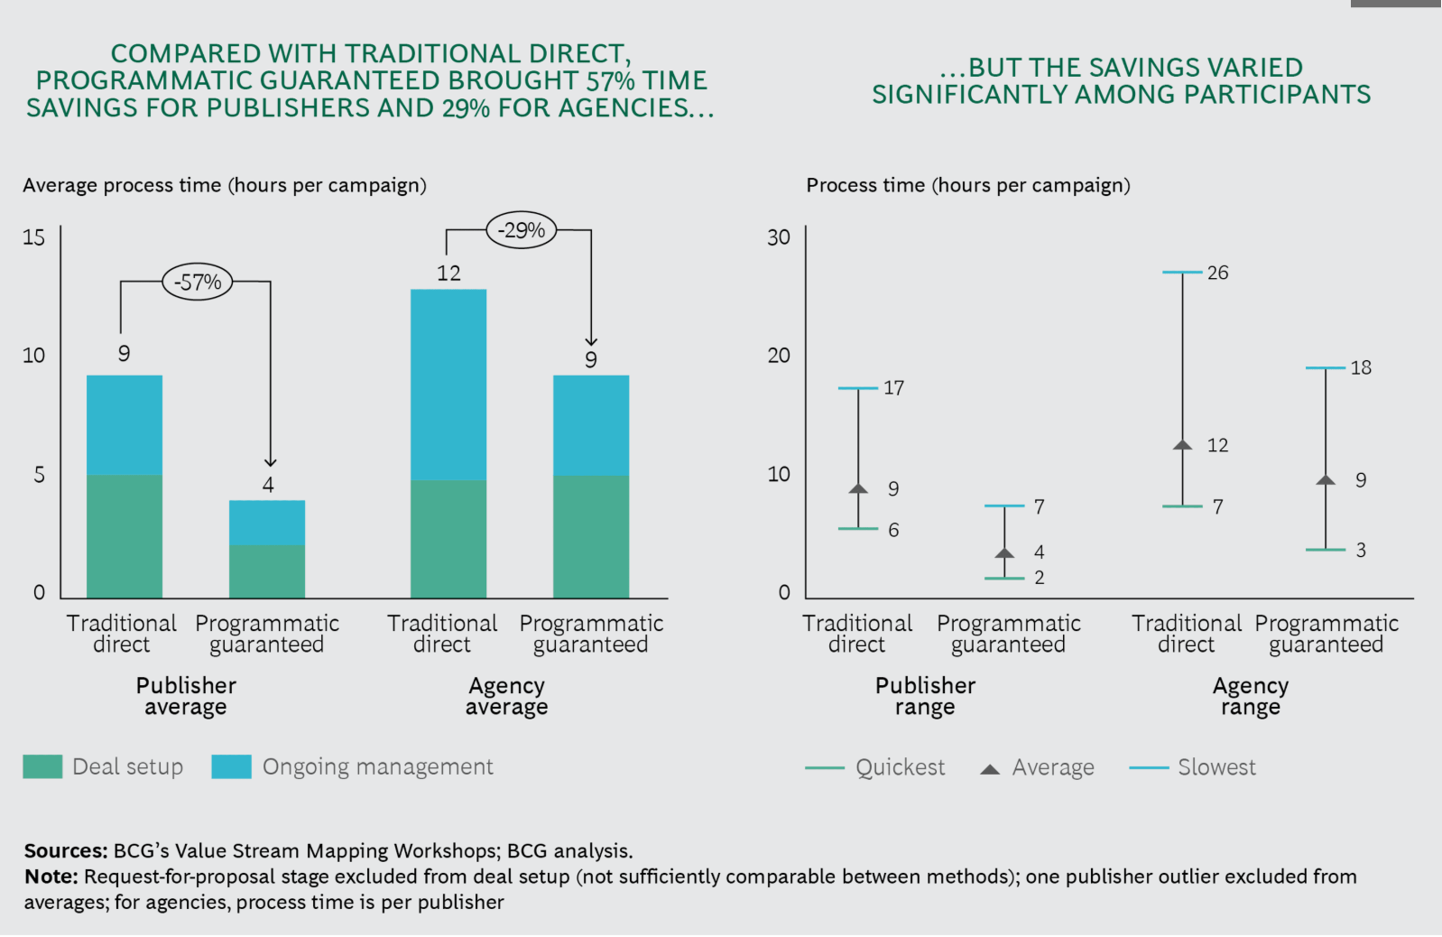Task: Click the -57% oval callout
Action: coord(197,282)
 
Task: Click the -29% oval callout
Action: coord(521,230)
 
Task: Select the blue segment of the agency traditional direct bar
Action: coord(448,385)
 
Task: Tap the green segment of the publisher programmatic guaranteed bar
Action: coord(267,572)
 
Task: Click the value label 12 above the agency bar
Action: coord(448,273)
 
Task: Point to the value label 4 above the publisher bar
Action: coord(268,484)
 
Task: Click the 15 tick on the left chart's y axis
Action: coord(34,237)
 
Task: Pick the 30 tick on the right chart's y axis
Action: coord(778,237)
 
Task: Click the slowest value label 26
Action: coord(1217,273)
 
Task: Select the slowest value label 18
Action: coord(1360,367)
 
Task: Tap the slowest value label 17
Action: coord(893,387)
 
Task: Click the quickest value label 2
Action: coord(1039,578)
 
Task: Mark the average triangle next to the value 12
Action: coord(1183,445)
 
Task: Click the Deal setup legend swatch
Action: coord(42,766)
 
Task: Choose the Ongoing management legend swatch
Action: coord(231,766)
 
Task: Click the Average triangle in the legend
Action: coord(989,769)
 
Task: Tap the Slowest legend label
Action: coord(1216,767)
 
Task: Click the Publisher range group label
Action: coord(925,696)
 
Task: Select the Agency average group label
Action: coord(506,696)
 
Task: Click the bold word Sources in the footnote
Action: coord(66,850)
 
